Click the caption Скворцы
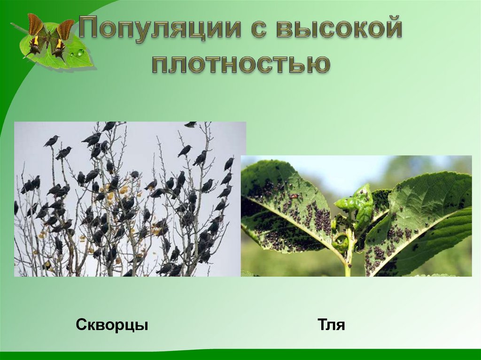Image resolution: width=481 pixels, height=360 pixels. coord(112,324)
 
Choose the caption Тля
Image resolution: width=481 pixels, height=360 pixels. coord(331,325)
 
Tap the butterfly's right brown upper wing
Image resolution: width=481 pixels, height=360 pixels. coord(65,29)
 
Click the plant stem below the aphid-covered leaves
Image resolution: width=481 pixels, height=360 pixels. coord(348,263)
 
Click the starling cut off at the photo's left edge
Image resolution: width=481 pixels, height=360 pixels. coord(16,207)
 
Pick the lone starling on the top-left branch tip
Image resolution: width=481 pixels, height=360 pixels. coord(51,140)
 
